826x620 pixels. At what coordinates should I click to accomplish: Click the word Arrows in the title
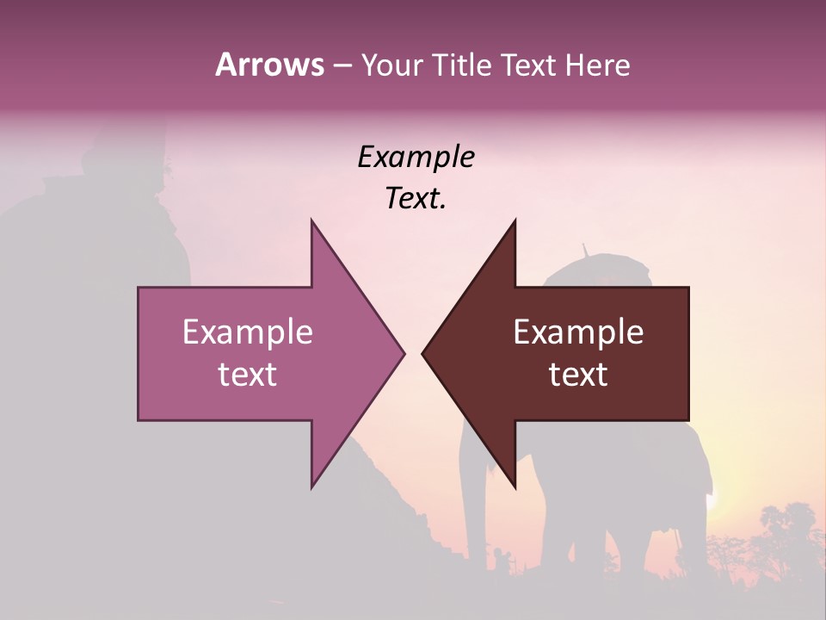[x=269, y=65]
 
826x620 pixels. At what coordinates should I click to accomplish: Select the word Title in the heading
[x=467, y=65]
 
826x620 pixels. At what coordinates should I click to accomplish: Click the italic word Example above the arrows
[x=416, y=158]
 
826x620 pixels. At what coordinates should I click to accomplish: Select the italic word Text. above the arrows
[x=416, y=199]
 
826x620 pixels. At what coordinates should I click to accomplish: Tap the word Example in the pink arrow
[x=248, y=332]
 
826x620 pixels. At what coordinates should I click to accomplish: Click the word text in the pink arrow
[x=248, y=375]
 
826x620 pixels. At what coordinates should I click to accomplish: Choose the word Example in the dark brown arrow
[x=578, y=332]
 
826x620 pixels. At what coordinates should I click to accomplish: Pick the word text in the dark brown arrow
[x=578, y=375]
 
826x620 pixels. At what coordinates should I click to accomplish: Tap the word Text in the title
[x=530, y=65]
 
